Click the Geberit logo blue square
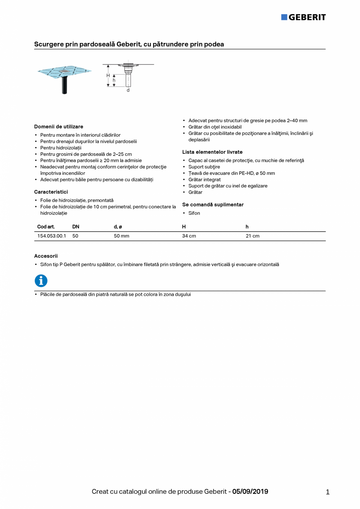284,17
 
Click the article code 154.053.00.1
52,236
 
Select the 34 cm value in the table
189,236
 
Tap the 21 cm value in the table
252,236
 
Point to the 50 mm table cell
121,236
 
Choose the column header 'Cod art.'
46,227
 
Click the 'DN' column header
76,227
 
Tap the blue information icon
41,281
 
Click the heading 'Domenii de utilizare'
59,127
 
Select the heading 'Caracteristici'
51,192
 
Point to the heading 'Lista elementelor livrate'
212,152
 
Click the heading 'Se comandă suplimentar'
213,205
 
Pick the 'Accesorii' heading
46,256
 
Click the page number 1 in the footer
328,492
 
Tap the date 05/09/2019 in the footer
250,492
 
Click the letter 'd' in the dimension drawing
128,90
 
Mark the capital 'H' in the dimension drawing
108,76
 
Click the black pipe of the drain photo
64,85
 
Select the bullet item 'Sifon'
194,213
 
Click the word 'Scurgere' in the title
47,45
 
